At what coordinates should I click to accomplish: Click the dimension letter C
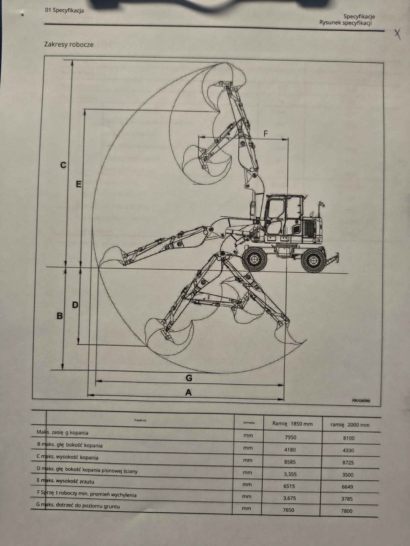click(x=63, y=165)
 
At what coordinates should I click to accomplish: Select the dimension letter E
click(x=78, y=184)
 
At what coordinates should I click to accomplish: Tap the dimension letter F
click(x=265, y=134)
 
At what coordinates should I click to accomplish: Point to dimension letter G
click(x=189, y=378)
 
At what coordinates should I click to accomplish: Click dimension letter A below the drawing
click(x=189, y=392)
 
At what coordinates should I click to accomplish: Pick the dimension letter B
click(x=60, y=316)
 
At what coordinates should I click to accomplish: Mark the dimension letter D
click(x=75, y=305)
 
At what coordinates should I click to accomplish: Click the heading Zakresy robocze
click(x=69, y=44)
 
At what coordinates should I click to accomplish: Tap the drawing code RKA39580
click(x=361, y=401)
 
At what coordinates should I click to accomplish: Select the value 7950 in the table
click(x=290, y=437)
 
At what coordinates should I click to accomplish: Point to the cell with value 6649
click(x=347, y=487)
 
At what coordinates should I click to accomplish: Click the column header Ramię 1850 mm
click(x=292, y=424)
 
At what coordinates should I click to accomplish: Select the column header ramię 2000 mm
click(x=350, y=425)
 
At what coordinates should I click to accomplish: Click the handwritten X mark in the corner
click(x=398, y=34)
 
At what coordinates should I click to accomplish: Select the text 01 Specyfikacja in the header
click(x=65, y=11)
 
